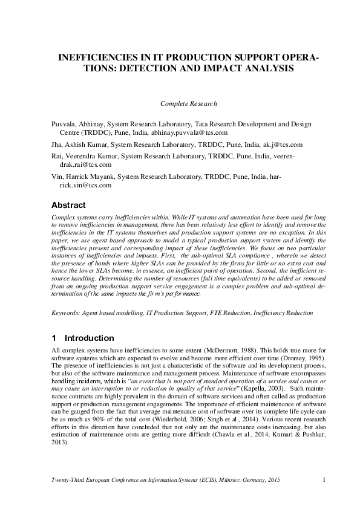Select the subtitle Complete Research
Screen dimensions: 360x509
coord(188,104)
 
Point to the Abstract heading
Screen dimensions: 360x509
coord(68,205)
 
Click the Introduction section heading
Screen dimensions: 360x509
coord(89,338)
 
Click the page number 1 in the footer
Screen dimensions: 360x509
coord(324,480)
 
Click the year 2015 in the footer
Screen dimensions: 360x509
coord(273,480)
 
